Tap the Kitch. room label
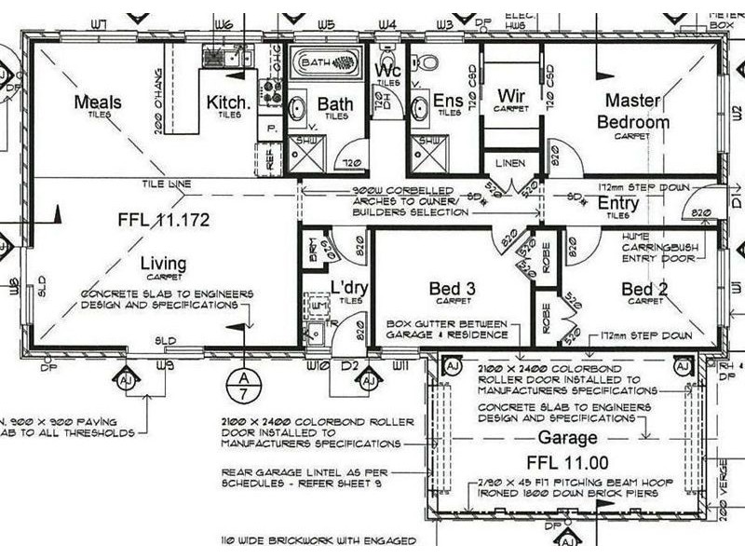point(228,102)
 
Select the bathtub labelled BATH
point(324,64)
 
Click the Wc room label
point(387,71)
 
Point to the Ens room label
point(449,101)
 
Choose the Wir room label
point(510,96)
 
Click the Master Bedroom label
point(633,111)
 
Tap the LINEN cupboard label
point(510,164)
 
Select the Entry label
point(617,202)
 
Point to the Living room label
point(163,265)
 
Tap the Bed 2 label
point(644,290)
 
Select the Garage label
point(566,438)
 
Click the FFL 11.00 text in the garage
point(566,463)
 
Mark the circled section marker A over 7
point(242,383)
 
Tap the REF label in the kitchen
point(271,159)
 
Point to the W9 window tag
point(164,365)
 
